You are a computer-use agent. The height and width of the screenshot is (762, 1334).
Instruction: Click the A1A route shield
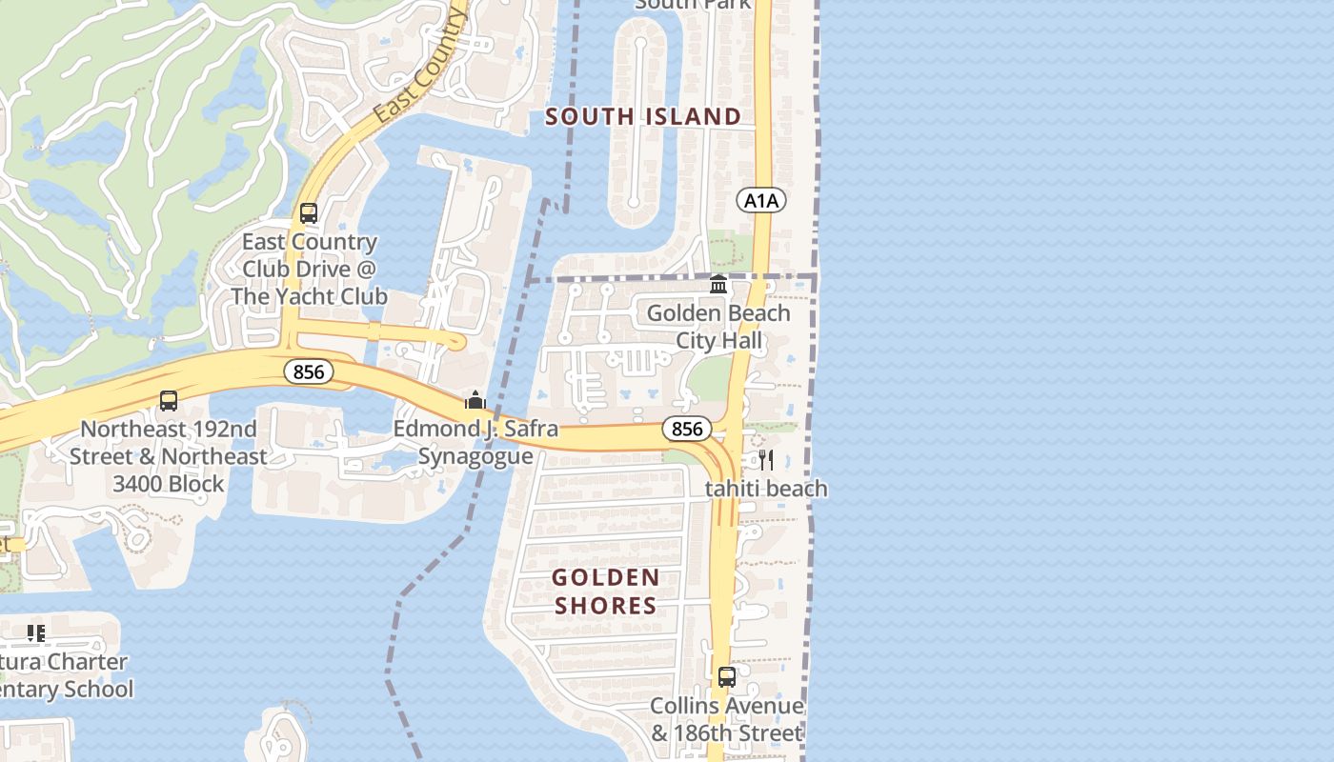[x=760, y=200]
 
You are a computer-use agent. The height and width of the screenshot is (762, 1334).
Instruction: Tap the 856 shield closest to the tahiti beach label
[x=686, y=429]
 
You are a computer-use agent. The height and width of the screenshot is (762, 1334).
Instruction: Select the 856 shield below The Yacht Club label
[x=309, y=371]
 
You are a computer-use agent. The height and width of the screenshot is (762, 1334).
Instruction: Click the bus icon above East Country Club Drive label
[x=309, y=213]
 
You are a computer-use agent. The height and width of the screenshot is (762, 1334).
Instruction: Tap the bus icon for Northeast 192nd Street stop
[x=169, y=401]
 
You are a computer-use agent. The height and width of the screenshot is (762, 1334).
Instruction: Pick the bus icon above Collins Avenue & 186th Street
[x=727, y=677]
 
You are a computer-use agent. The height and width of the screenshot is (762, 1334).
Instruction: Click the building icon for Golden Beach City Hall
[x=718, y=285]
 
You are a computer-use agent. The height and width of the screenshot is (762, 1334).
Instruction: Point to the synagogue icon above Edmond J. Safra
[x=475, y=400]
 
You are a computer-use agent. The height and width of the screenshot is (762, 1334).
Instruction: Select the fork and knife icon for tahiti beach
[x=766, y=461]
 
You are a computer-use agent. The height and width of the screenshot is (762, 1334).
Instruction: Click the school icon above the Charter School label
[x=36, y=633]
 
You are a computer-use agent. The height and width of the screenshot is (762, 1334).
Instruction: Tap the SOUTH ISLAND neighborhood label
[x=643, y=117]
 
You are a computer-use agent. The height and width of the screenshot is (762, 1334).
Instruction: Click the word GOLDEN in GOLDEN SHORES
[x=605, y=577]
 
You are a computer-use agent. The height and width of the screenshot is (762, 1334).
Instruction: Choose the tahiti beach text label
[x=766, y=489]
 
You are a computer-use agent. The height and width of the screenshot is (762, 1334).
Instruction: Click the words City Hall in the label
[x=719, y=340]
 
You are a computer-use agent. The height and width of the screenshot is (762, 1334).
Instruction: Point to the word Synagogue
[x=475, y=456]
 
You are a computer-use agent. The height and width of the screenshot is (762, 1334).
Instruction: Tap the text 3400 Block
[x=169, y=484]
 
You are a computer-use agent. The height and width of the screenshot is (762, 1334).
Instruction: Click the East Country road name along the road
[x=420, y=67]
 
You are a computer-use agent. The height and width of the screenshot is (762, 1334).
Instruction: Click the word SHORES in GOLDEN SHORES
[x=605, y=606]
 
